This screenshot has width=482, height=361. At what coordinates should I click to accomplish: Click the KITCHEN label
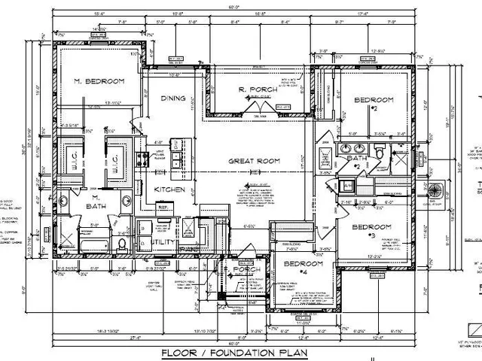(170, 190)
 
